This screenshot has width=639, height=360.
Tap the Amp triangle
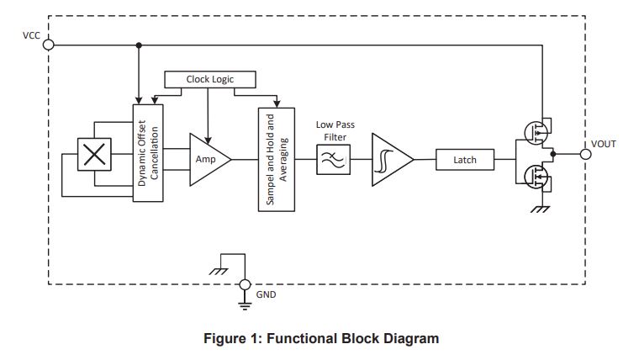206,157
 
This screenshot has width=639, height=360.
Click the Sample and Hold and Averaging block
276,159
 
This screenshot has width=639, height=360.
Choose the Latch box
465,158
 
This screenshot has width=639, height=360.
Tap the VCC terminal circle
49,44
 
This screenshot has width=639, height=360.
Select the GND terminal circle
245,285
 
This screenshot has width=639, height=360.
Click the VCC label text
31,36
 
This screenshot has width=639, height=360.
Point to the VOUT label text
604,144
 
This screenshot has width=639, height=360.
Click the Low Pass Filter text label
335,130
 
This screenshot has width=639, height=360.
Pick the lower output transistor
536,177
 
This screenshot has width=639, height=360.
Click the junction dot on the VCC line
139,45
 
